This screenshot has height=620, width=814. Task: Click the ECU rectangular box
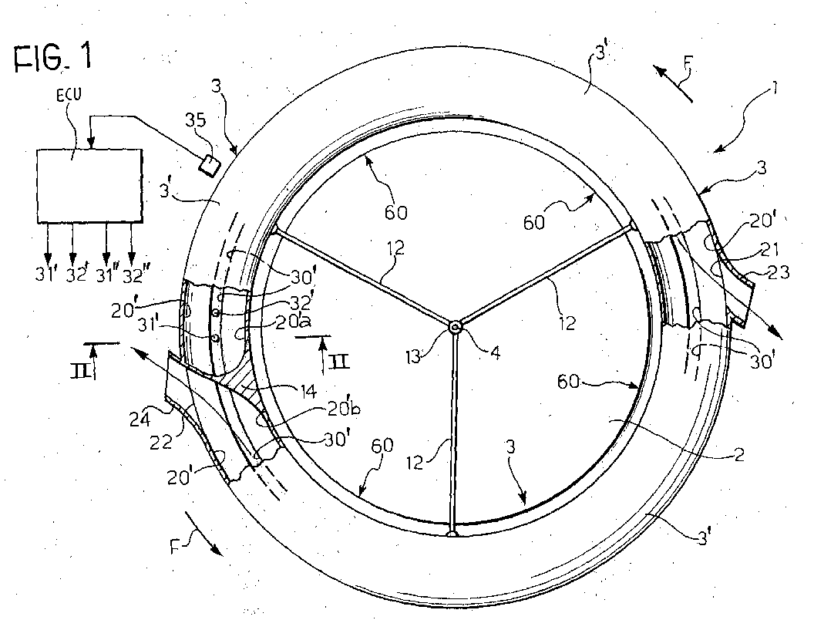(89, 185)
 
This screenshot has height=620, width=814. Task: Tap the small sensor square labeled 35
(210, 166)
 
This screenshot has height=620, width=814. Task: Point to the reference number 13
(413, 357)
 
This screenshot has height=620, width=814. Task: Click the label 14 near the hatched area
(308, 390)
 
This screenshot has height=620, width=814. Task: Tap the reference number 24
(140, 419)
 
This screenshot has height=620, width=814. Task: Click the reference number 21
(769, 250)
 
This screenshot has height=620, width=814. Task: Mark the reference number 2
(739, 455)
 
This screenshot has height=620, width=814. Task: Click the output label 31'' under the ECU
(107, 275)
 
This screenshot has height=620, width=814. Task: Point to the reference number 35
(196, 120)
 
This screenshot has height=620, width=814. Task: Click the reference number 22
(161, 443)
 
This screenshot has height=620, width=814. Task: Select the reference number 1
(773, 89)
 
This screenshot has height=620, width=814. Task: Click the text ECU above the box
(69, 96)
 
